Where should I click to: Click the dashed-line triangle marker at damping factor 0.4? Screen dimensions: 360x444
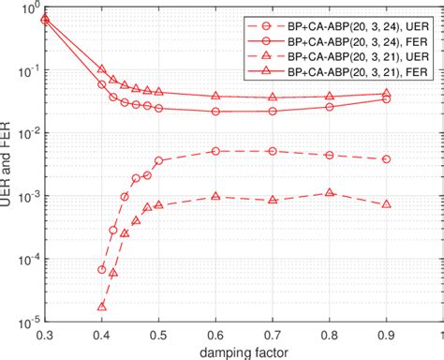pos(102,306)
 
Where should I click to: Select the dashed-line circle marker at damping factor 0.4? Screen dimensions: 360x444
pos(102,269)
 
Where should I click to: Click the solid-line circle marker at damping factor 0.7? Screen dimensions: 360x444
pos(273,111)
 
